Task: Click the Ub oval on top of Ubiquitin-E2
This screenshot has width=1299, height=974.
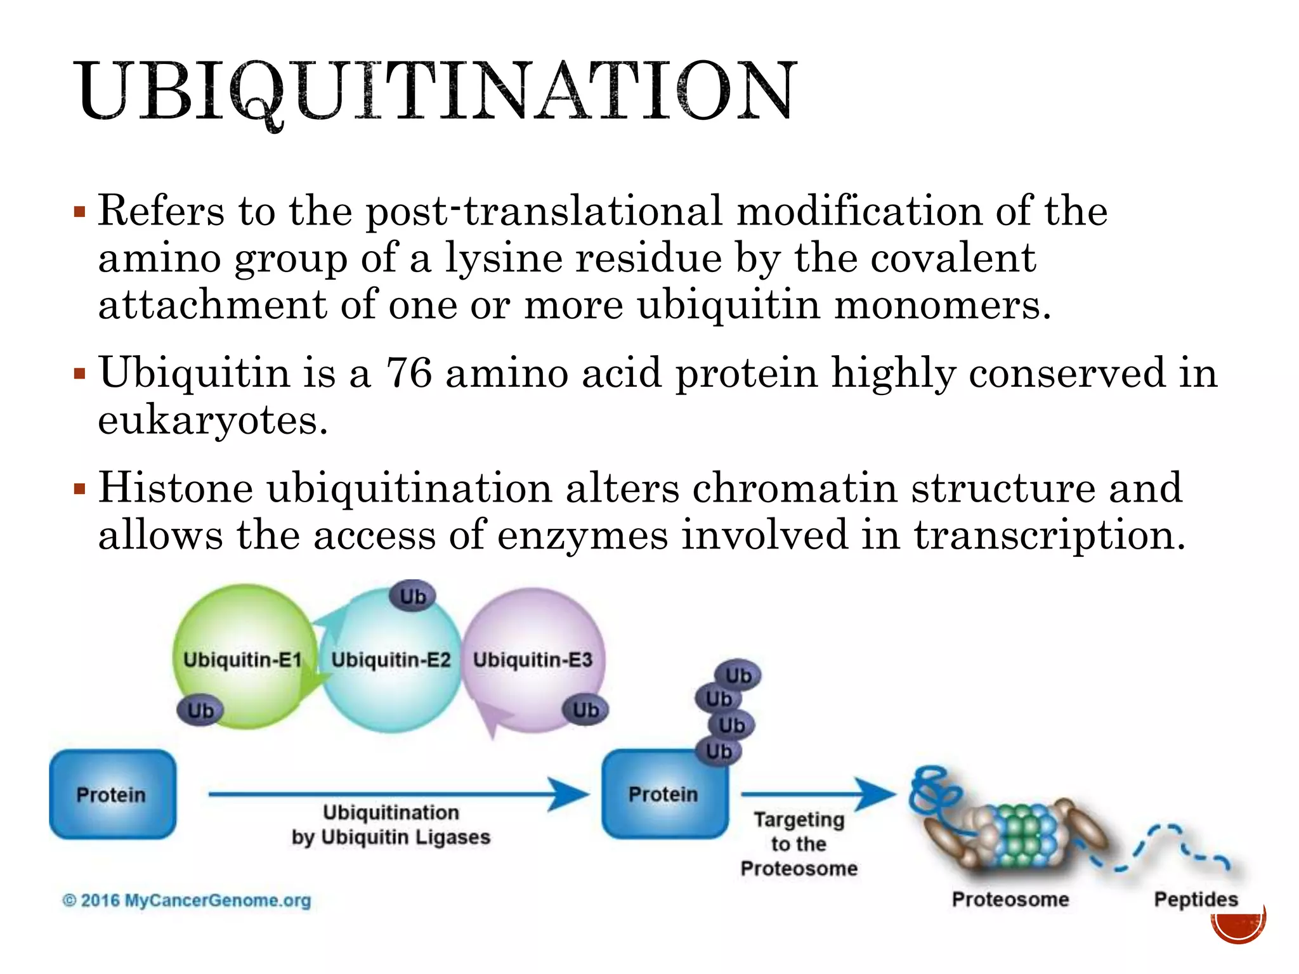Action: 412,596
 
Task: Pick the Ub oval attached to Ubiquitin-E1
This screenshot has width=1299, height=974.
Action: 200,710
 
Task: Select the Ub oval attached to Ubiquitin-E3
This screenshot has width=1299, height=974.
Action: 585,710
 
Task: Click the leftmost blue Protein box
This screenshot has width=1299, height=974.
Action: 112,795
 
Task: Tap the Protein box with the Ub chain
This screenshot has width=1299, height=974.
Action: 663,795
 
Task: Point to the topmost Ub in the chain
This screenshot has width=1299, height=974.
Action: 738,675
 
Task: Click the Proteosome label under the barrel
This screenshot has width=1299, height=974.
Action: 1010,899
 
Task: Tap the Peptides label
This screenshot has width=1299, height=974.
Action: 1196,899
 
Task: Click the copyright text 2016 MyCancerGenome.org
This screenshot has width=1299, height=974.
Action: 187,900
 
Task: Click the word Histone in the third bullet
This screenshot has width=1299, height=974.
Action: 175,488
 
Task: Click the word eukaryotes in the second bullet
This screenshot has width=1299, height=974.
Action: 212,420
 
